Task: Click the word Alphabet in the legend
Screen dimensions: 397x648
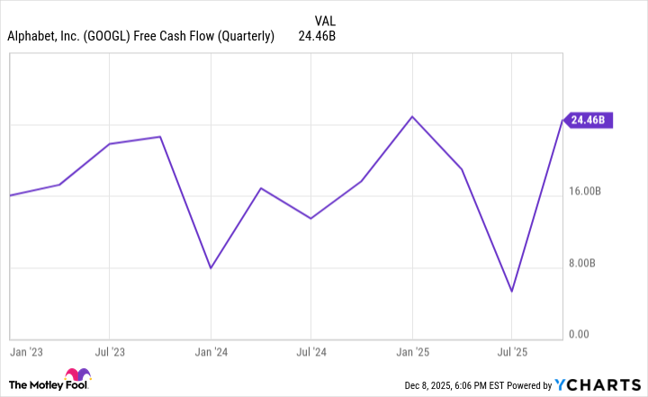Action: click(x=33, y=37)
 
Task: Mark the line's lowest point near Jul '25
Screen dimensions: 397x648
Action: click(x=512, y=292)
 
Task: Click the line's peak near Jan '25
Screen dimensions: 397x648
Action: click(x=412, y=116)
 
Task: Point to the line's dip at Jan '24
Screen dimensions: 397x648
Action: click(x=211, y=268)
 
